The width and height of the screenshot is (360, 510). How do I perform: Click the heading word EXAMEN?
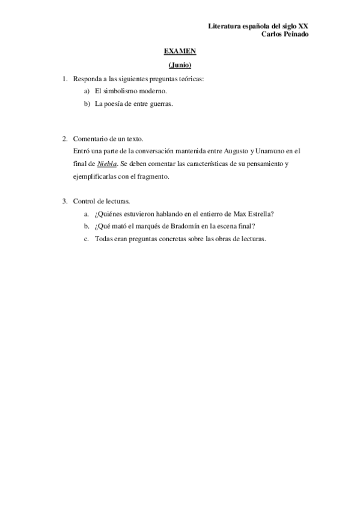180,52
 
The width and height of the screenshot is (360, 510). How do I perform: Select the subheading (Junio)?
180,65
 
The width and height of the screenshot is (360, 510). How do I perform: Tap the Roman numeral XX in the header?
304,26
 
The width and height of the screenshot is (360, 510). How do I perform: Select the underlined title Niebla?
107,164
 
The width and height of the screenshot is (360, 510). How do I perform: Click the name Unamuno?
273,151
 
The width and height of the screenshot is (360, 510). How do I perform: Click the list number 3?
64,201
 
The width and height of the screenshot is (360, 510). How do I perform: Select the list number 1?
64,79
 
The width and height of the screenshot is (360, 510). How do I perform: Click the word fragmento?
154,176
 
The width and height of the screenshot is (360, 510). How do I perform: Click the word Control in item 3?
84,201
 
